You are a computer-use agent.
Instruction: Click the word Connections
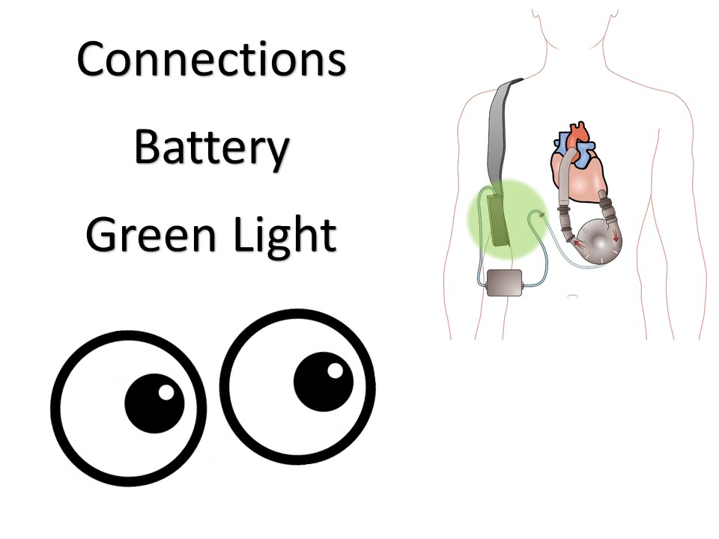click(211, 60)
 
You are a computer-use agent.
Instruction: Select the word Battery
click(211, 148)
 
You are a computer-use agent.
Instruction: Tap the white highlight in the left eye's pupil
click(166, 392)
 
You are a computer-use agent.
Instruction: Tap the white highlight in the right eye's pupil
click(336, 370)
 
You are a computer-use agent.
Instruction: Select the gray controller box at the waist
click(503, 283)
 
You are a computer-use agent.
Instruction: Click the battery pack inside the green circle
click(495, 219)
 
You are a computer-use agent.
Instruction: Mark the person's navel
click(572, 296)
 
